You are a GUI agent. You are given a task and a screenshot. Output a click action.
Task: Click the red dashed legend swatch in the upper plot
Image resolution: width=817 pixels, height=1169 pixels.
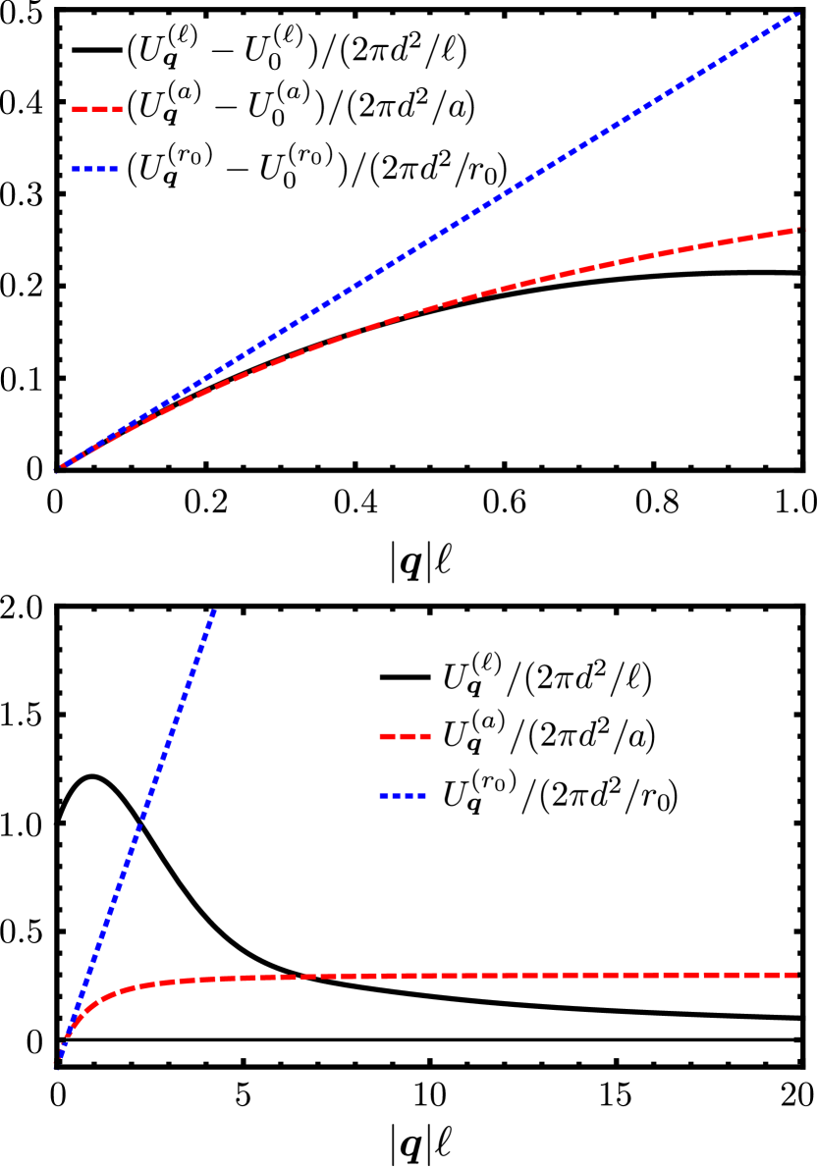[x=97, y=109]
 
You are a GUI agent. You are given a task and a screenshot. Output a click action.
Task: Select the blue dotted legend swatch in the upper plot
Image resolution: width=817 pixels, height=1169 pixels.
[x=94, y=169]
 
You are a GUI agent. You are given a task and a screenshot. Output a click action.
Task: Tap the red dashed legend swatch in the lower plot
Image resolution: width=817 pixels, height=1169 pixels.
[x=405, y=736]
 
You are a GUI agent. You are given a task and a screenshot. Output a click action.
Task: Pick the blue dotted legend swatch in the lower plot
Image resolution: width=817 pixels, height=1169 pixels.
[x=402, y=796]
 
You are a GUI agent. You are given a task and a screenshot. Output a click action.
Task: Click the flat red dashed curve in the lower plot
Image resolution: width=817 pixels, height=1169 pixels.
[x=491, y=976]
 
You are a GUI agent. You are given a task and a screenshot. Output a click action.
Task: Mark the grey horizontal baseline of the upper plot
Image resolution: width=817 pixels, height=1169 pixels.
[x=432, y=470]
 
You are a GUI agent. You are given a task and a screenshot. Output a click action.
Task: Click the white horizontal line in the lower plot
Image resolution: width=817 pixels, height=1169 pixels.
[x=432, y=1039]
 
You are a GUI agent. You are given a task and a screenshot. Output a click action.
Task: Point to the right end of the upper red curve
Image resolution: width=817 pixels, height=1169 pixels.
[x=799, y=230]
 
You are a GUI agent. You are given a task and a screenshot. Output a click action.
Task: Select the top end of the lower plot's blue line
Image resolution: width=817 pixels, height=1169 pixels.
[x=213, y=611]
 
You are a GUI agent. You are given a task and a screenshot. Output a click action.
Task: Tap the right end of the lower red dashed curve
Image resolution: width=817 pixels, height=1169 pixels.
[x=798, y=975]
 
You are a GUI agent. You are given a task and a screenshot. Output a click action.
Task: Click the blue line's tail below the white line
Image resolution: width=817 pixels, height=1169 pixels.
[x=58, y=1064]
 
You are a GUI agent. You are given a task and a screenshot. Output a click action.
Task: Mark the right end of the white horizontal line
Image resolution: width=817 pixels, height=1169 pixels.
[x=802, y=1039]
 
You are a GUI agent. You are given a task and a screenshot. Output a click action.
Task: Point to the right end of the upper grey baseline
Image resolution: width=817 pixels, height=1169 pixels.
[x=802, y=470]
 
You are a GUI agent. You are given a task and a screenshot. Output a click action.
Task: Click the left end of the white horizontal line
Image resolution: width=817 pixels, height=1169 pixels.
[x=57, y=1039]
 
